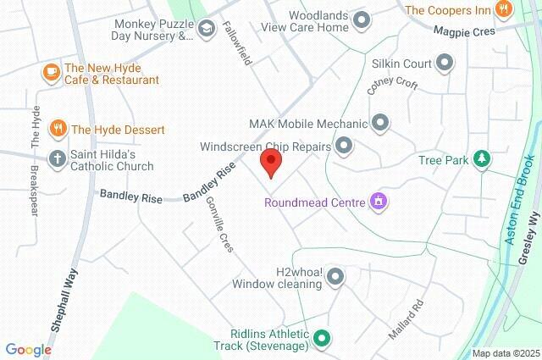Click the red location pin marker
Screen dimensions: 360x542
[270, 163]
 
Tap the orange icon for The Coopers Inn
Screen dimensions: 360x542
[504, 10]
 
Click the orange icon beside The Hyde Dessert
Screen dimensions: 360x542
[58, 130]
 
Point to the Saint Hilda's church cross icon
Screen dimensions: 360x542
[58, 158]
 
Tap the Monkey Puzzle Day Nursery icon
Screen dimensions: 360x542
[206, 30]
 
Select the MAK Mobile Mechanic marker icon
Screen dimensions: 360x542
[380, 123]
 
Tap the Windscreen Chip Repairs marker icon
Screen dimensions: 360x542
[344, 147]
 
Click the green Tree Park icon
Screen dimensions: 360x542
[481, 158]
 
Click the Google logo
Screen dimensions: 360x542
[29, 349]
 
